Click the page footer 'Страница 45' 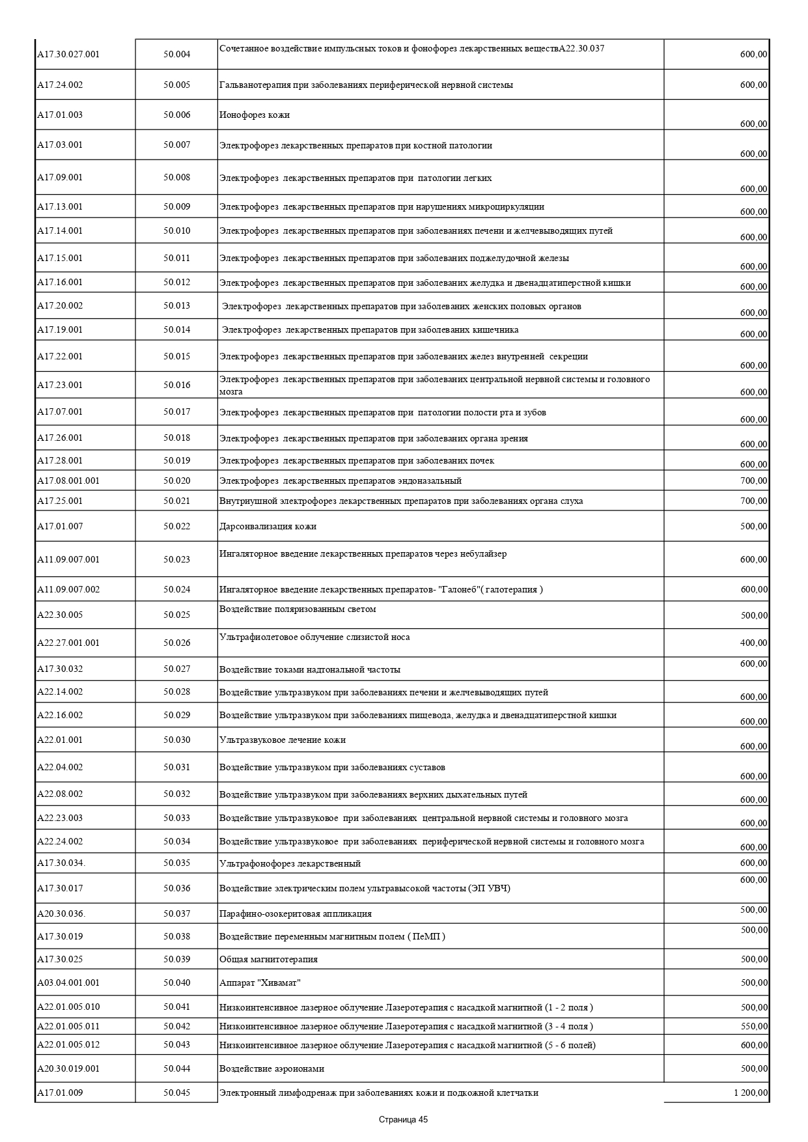click(x=403, y=1120)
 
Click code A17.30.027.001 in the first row click(x=68, y=55)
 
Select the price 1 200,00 click(x=750, y=1093)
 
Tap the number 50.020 click(x=176, y=480)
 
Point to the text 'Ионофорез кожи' click(x=255, y=115)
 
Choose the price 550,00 click(x=754, y=1026)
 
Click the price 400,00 click(x=754, y=643)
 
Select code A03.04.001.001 click(x=68, y=982)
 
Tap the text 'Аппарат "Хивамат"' click(x=260, y=982)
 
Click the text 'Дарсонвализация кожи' click(x=268, y=526)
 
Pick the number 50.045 click(x=176, y=1093)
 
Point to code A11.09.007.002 click(x=68, y=589)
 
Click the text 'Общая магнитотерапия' click(x=268, y=959)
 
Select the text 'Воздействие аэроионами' click(x=272, y=1068)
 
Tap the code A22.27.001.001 click(x=68, y=643)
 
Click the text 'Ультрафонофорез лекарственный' click(x=290, y=863)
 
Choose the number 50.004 click(x=176, y=55)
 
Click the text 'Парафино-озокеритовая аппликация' click(x=296, y=913)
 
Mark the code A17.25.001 click(x=60, y=501)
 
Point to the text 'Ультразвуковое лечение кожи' click(x=283, y=740)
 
